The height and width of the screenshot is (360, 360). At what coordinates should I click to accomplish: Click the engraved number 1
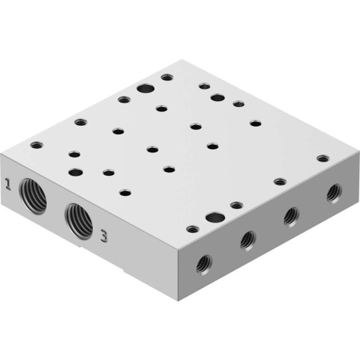pyautogui.click(x=8, y=184)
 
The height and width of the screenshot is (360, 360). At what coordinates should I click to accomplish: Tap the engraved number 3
pyautogui.click(x=104, y=236)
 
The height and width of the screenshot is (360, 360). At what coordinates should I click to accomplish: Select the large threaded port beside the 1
pyautogui.click(x=33, y=196)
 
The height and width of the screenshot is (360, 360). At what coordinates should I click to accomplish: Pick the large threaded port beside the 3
pyautogui.click(x=78, y=222)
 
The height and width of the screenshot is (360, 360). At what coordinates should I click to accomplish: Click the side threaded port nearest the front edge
pyautogui.click(x=204, y=265)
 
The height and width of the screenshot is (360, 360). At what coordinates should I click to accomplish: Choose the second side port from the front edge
pyautogui.click(x=248, y=241)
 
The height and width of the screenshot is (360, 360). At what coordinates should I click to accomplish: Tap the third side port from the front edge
pyautogui.click(x=291, y=217)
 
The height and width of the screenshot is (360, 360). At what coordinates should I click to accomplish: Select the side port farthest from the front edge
pyautogui.click(x=334, y=193)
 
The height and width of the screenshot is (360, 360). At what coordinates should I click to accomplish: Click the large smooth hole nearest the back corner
pyautogui.click(x=145, y=88)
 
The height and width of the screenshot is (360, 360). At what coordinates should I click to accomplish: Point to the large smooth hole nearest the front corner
pyautogui.click(x=215, y=217)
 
